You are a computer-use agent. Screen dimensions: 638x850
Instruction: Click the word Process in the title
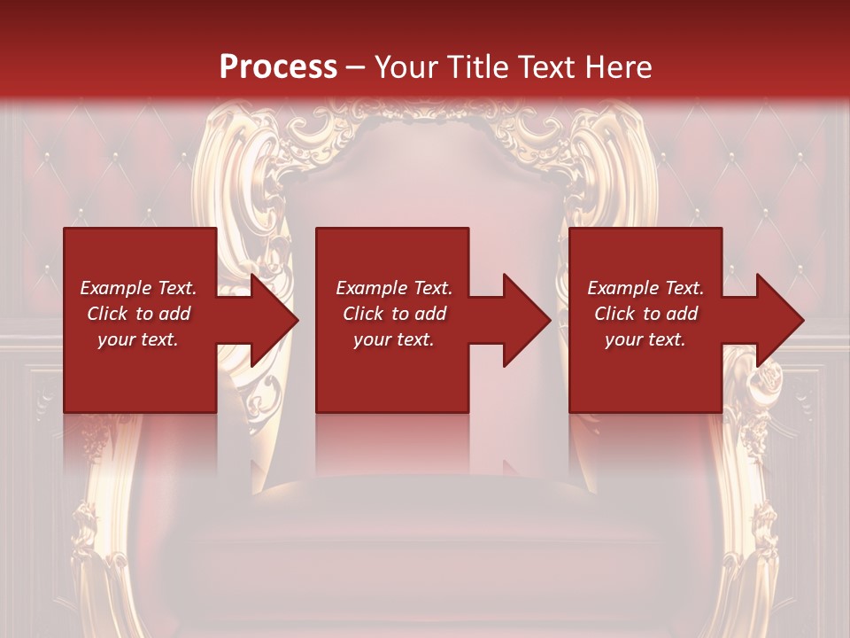pos(278,67)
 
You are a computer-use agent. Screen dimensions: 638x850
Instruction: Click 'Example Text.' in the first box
pos(138,288)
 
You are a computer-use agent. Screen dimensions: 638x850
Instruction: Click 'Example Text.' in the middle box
pos(394,288)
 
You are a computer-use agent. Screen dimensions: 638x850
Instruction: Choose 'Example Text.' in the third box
pos(645,288)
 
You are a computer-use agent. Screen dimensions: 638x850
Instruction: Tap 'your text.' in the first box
pos(138,339)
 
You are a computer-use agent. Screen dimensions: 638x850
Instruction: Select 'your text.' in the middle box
pos(394,339)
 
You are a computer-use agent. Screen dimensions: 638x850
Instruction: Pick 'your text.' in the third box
pos(645,339)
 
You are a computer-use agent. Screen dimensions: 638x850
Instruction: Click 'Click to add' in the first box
pos(138,314)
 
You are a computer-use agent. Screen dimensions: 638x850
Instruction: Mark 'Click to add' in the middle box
pos(394,314)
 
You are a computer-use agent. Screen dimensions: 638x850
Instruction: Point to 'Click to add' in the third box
pos(645,314)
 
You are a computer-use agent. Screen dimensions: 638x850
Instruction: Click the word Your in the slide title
pos(404,67)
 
